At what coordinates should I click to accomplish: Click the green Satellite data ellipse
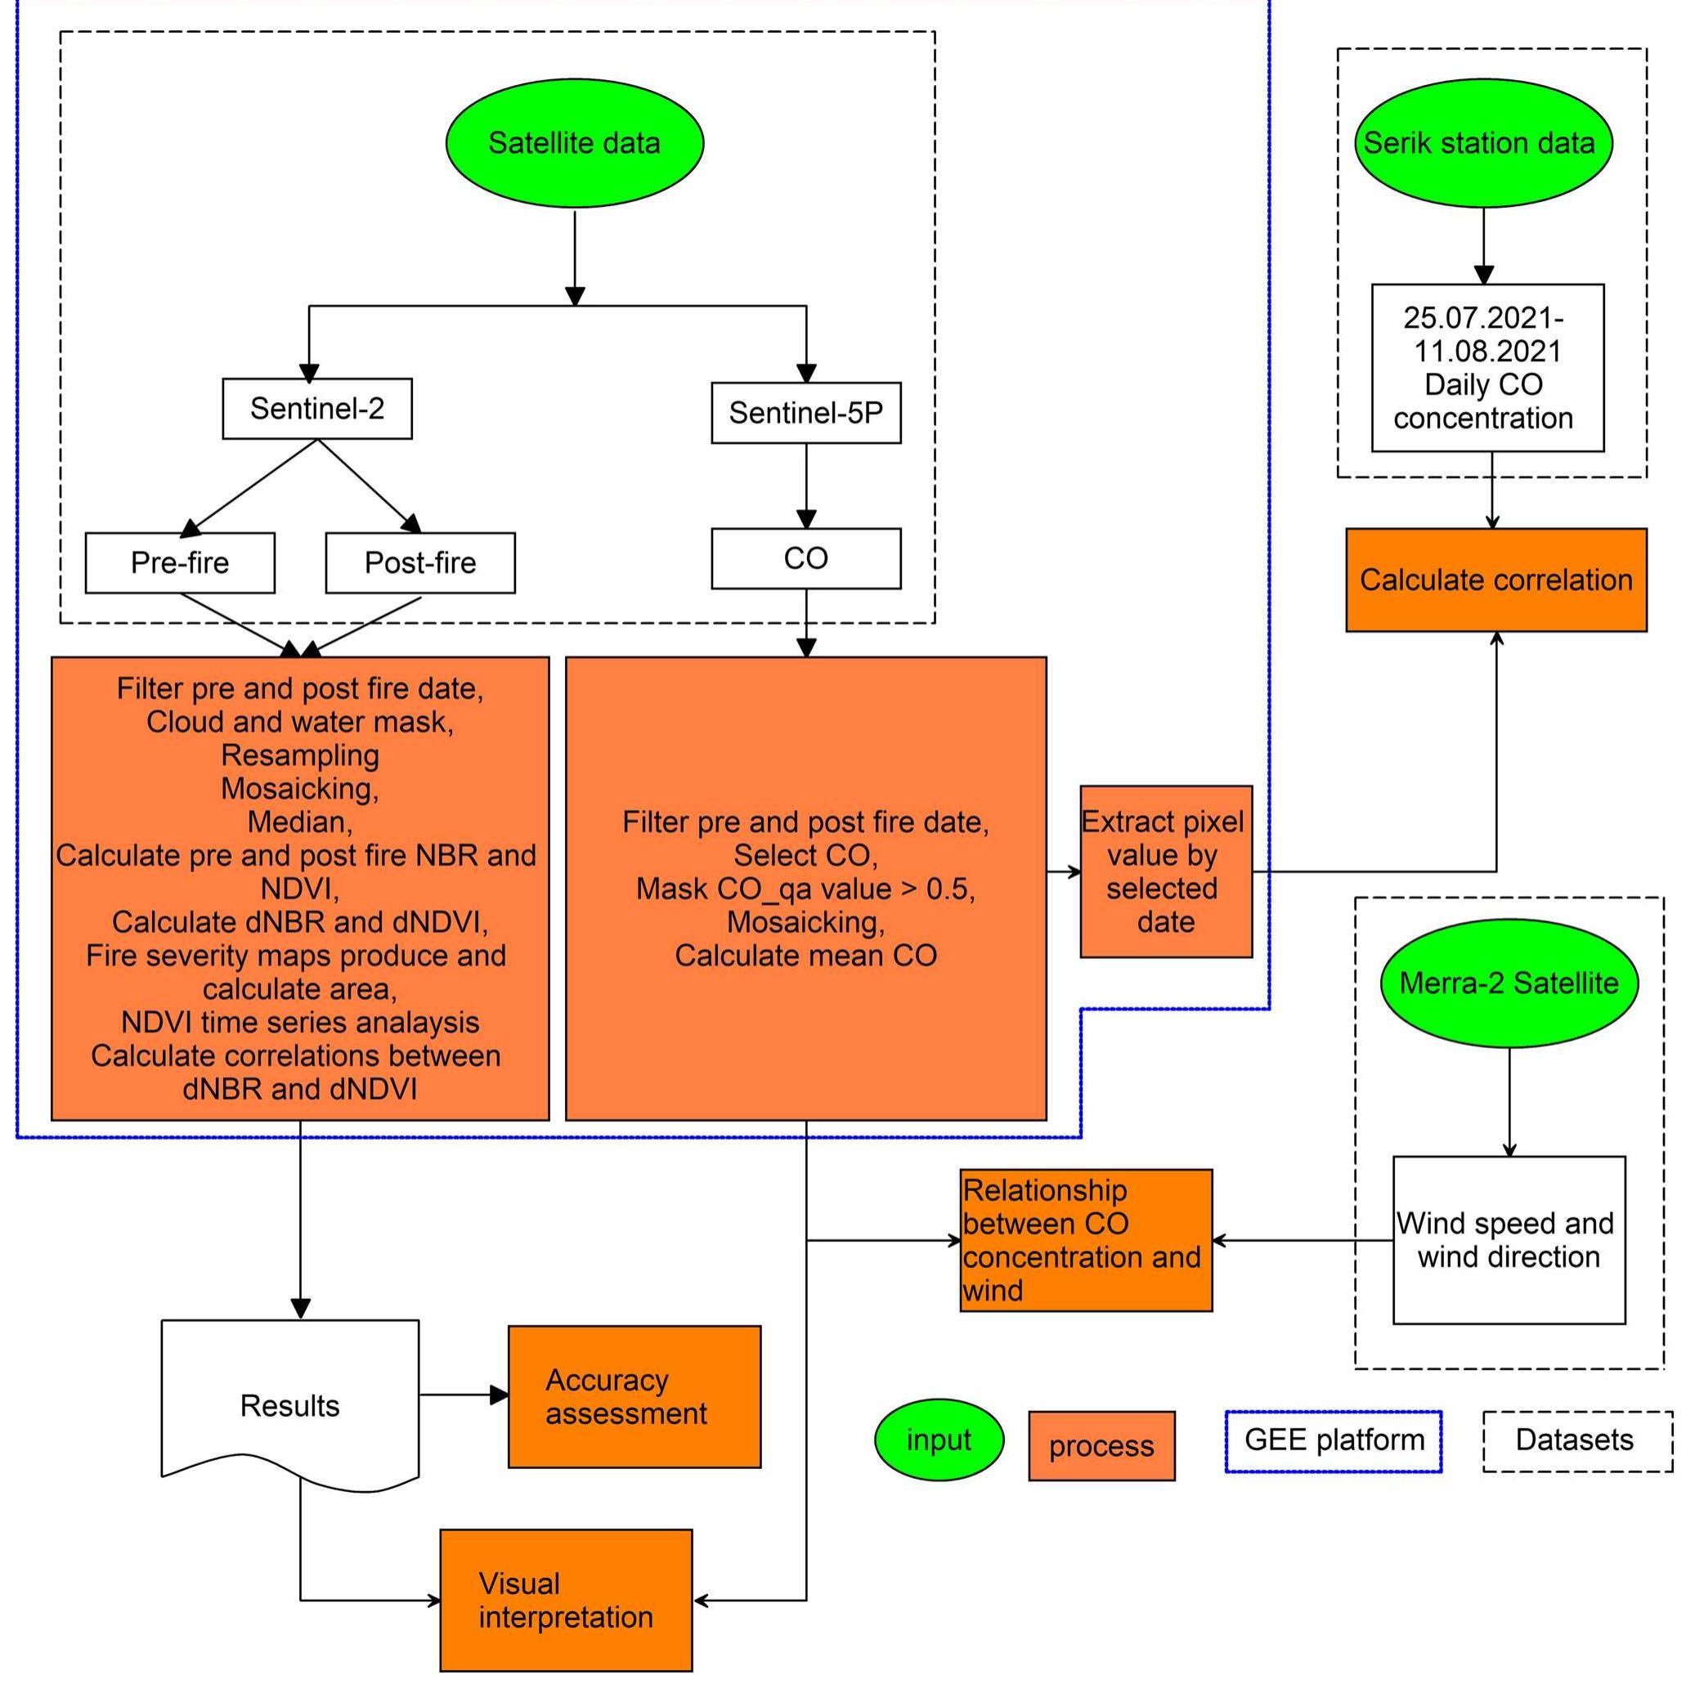574,143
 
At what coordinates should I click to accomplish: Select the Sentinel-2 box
317,409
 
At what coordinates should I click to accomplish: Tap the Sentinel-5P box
805,413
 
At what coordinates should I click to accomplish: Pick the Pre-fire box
180,562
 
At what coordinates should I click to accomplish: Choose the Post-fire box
419,562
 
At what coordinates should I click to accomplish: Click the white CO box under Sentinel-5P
805,558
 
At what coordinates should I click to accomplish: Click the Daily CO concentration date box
1487,367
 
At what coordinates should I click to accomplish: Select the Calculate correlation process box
1495,580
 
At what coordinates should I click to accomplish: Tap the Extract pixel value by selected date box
1165,871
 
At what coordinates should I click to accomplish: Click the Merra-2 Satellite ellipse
1509,983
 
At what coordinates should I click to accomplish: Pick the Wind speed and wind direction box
1509,1239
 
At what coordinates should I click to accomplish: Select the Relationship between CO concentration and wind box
1086,1239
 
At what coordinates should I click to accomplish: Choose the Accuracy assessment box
634,1396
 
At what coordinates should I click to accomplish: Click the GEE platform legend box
1333,1440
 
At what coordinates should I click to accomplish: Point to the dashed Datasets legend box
1577,1440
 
